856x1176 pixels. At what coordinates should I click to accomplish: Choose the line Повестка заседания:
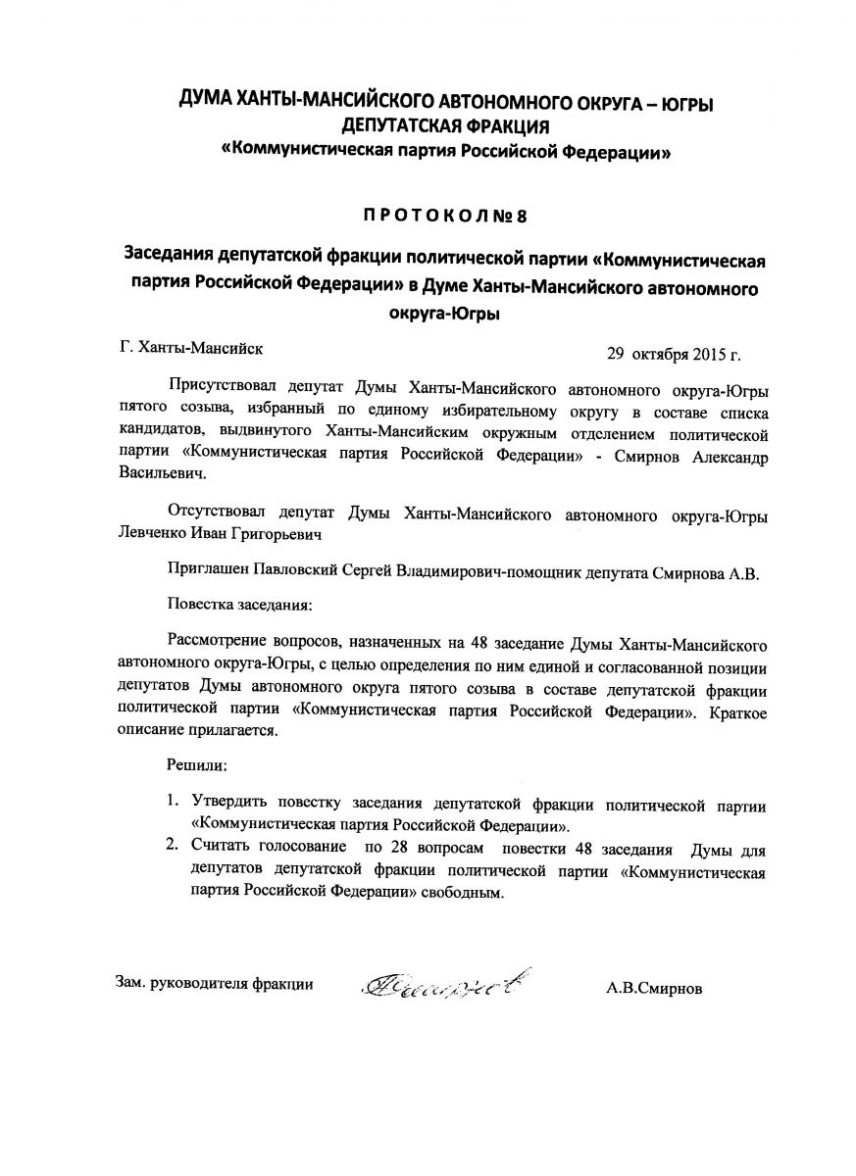[239, 607]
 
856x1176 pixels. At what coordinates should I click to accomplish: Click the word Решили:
[197, 761]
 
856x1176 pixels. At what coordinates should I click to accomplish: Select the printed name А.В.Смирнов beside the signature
[654, 988]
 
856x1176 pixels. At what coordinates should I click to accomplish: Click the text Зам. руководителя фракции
[208, 984]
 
